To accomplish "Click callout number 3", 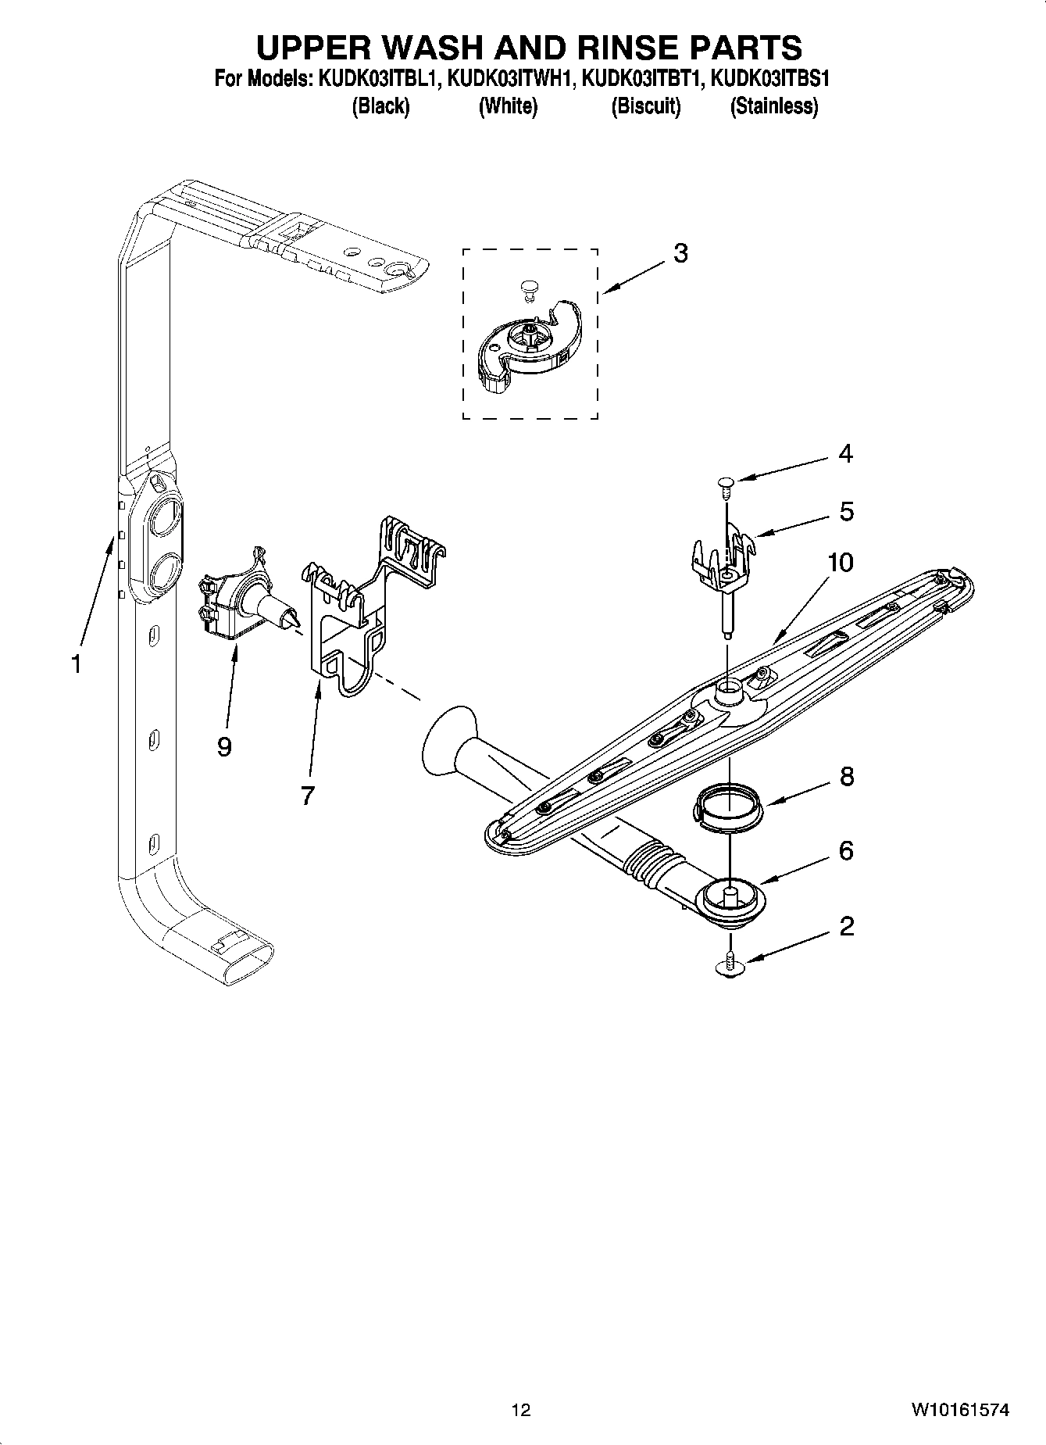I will click(680, 253).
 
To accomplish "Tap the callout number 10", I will click(840, 562).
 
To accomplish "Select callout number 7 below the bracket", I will click(307, 796).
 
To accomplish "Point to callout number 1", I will click(76, 664).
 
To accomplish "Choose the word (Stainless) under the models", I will click(773, 106).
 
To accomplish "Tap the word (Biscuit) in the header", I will click(645, 106).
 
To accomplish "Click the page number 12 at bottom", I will click(520, 1410).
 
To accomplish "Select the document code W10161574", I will click(959, 1410).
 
